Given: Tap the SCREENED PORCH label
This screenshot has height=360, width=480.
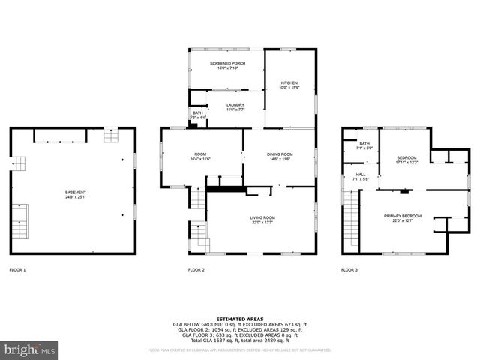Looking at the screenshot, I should click(226, 63).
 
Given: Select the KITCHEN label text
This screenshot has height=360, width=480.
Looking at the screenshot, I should click(289, 82).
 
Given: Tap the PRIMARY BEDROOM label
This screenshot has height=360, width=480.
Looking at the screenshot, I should click(403, 216).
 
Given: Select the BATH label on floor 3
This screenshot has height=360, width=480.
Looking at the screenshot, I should click(364, 144).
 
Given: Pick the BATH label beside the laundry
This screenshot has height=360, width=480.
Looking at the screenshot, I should click(197, 113).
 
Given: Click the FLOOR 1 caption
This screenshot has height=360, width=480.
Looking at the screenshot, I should click(17, 269).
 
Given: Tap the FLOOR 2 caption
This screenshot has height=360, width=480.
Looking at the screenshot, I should click(196, 269).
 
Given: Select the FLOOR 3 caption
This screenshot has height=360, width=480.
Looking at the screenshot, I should click(349, 269).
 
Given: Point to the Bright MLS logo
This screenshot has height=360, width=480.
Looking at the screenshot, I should click(30, 349).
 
